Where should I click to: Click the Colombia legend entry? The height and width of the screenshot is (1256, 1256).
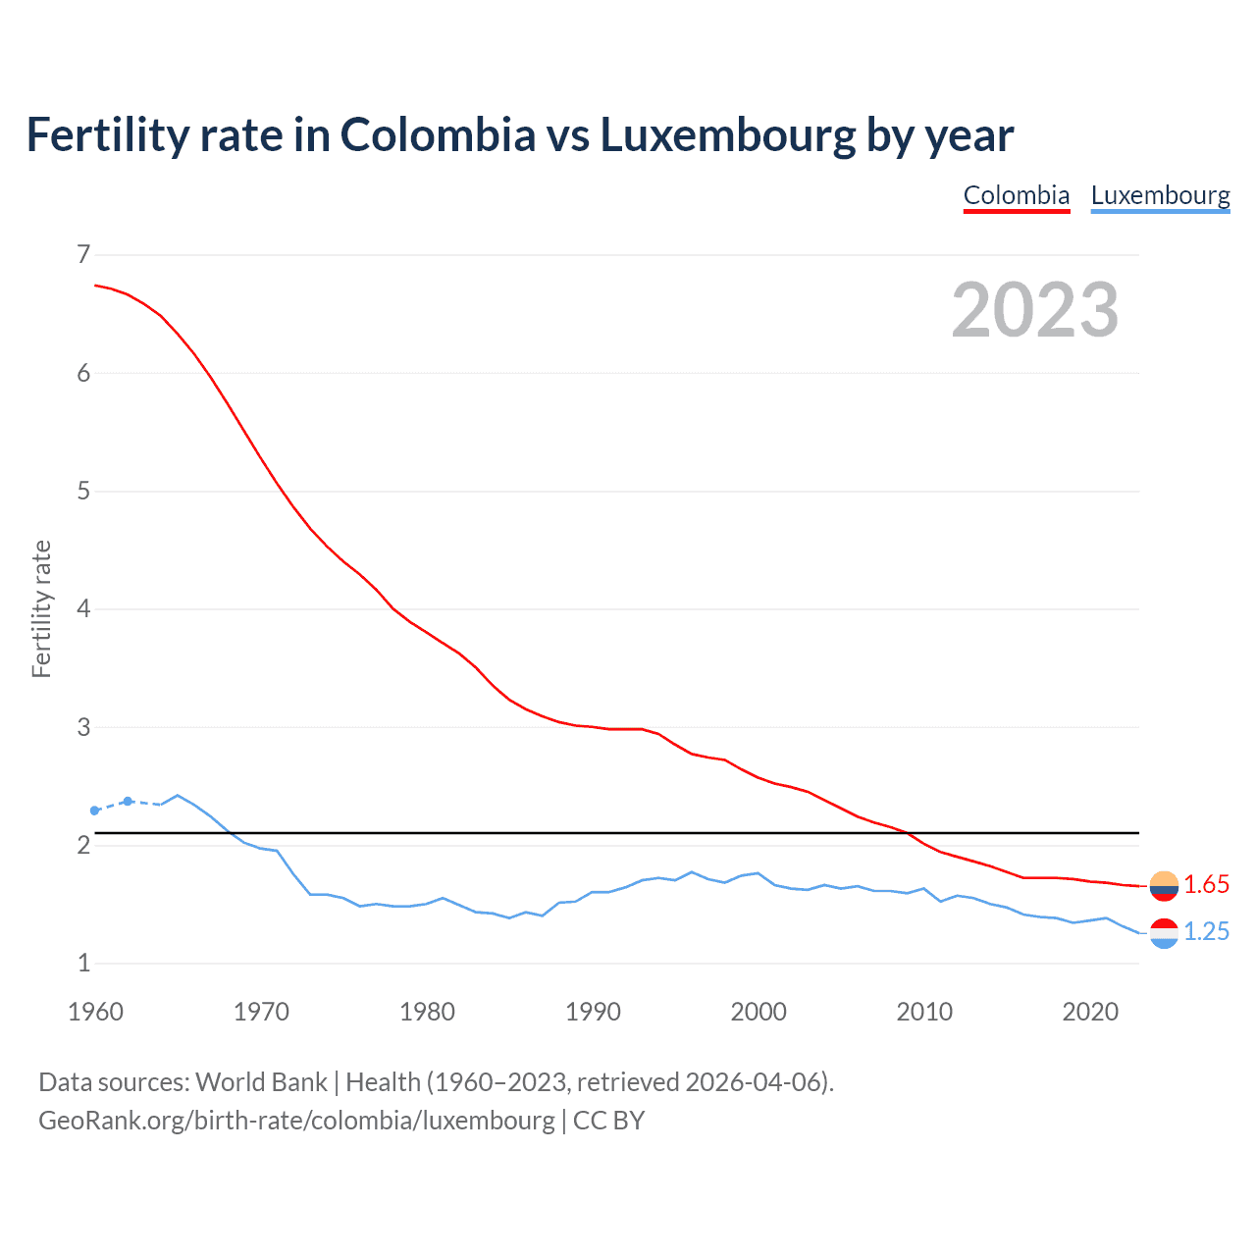[1016, 195]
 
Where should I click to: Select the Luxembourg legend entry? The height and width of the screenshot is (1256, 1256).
[1160, 195]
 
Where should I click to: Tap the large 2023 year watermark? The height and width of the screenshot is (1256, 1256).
[1034, 310]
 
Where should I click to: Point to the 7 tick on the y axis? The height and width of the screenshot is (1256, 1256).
[83, 255]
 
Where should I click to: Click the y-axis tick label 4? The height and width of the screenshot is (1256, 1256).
[83, 609]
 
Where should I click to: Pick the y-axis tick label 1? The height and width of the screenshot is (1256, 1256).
[83, 964]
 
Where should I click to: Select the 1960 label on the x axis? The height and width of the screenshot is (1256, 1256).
[95, 1012]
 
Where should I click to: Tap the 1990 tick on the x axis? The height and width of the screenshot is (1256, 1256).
[593, 1012]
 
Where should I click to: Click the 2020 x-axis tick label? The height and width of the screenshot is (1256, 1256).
[1090, 1012]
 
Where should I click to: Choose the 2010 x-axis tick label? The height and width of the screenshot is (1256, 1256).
[924, 1012]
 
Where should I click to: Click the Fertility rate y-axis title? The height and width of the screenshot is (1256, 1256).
[41, 608]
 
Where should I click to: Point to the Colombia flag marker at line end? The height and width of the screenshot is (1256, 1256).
[1164, 885]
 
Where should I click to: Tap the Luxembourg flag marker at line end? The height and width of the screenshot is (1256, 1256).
[1164, 932]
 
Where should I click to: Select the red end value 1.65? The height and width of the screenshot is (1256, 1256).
[1206, 885]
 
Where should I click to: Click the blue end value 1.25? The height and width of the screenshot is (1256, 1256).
[1206, 932]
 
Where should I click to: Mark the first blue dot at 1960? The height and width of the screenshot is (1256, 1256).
[95, 811]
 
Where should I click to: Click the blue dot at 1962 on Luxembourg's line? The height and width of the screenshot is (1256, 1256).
[128, 802]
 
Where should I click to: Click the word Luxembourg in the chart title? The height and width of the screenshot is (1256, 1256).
[727, 135]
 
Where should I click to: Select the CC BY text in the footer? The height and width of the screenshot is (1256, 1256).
[608, 1121]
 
